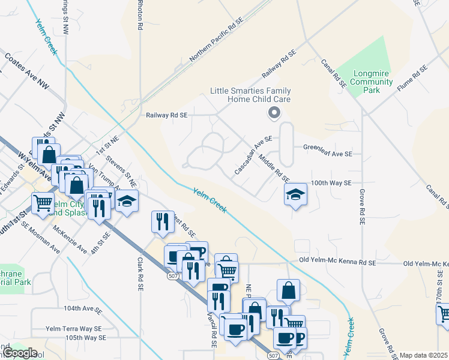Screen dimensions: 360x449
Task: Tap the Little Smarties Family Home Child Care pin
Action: pyautogui.click(x=274, y=112)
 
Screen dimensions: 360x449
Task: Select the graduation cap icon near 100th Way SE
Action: pyautogui.click(x=295, y=194)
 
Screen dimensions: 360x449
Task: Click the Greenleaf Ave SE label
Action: pyautogui.click(x=327, y=154)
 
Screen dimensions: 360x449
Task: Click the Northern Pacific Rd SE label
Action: pyautogui.click(x=216, y=40)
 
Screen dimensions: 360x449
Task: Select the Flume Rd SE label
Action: pyautogui.click(x=412, y=79)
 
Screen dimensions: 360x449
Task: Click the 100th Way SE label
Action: pyautogui.click(x=331, y=182)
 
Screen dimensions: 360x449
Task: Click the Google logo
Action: pyautogui.click(x=20, y=353)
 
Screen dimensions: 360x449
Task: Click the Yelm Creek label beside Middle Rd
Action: pyautogui.click(x=210, y=200)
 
